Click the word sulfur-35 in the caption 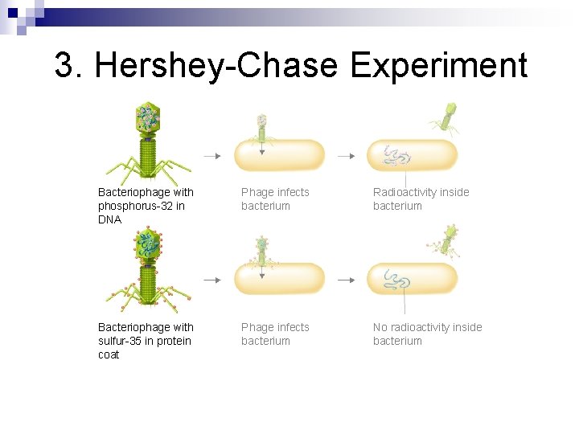(x=122, y=341)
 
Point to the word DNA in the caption (x=109, y=219)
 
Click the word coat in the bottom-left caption (x=109, y=354)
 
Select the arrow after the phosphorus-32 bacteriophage (x=211, y=156)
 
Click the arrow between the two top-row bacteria (x=345, y=156)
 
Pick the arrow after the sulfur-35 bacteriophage (x=211, y=280)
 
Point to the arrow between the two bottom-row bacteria (x=345, y=280)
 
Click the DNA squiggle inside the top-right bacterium (x=396, y=155)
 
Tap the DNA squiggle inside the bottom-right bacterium (x=396, y=279)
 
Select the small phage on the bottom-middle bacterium (x=261, y=248)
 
